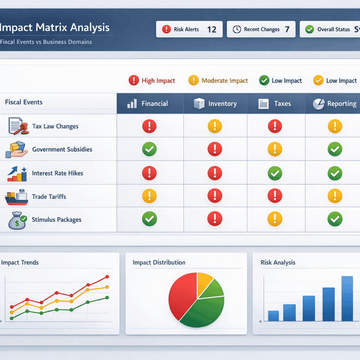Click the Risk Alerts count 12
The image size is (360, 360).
click(x=212, y=30)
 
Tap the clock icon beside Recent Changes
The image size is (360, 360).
click(x=237, y=30)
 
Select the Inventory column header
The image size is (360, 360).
click(x=216, y=104)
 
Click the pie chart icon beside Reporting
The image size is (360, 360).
click(x=319, y=104)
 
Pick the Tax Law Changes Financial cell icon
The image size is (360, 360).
click(x=149, y=126)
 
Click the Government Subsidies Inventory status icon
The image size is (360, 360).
click(x=215, y=149)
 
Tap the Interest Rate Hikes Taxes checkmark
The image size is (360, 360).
click(x=275, y=173)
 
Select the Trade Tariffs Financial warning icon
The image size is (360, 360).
click(x=149, y=196)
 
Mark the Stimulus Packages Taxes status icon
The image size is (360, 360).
click(x=275, y=219)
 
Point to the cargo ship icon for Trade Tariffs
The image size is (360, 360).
click(x=17, y=197)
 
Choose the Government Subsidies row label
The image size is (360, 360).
click(x=62, y=149)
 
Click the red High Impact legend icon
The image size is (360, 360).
click(x=134, y=81)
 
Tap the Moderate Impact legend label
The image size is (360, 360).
click(x=225, y=81)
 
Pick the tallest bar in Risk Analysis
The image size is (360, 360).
click(x=347, y=298)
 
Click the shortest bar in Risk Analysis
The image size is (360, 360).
click(x=273, y=316)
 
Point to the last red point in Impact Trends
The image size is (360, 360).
click(x=107, y=277)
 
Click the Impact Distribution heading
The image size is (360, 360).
click(x=159, y=262)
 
